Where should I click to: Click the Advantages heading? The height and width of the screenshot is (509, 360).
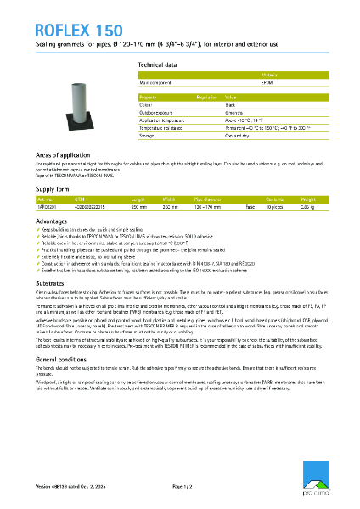click(52, 220)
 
